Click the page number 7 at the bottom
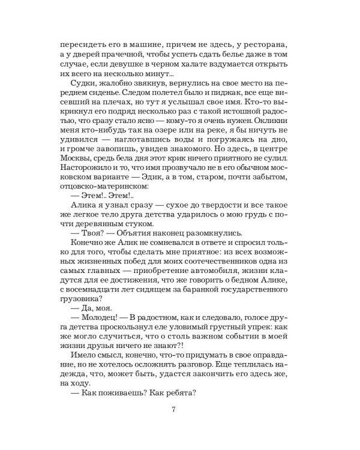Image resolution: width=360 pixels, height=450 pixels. (173, 410)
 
